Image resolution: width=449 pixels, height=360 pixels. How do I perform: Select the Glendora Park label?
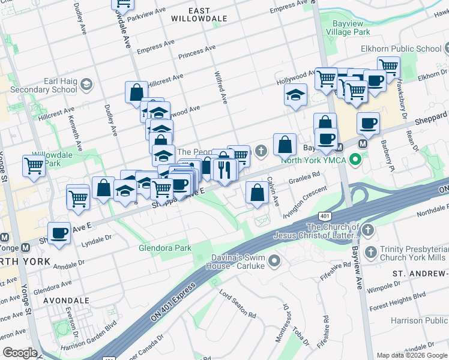click(164, 248)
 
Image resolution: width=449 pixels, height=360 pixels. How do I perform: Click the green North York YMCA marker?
click(355, 160)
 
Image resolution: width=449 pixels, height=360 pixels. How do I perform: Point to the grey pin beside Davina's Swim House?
click(275, 260)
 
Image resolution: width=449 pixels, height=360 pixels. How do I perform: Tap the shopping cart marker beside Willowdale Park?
click(34, 166)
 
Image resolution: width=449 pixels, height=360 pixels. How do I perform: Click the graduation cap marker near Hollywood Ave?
click(295, 95)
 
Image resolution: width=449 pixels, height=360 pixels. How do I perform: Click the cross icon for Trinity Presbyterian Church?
click(371, 251)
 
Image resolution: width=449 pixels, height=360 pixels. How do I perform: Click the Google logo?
click(20, 353)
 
